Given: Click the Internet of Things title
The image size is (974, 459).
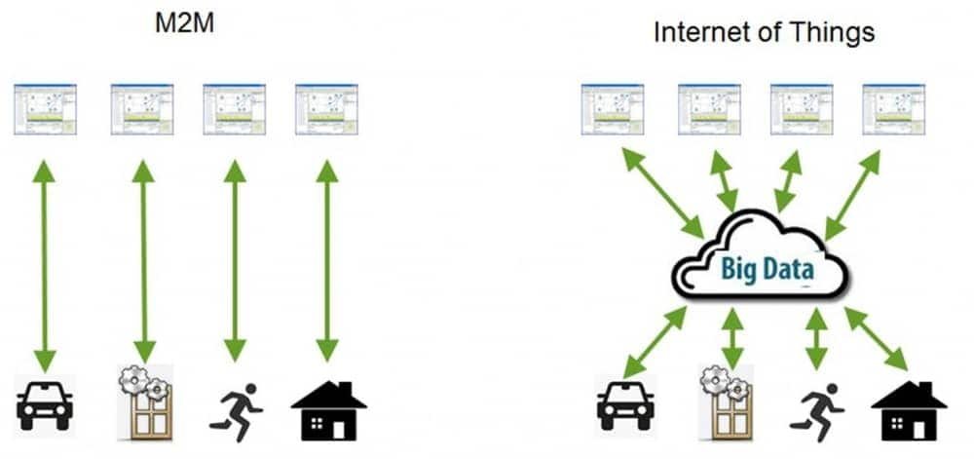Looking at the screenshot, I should pyautogui.click(x=764, y=32).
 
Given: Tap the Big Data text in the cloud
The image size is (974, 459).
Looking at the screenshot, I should pyautogui.click(x=768, y=268).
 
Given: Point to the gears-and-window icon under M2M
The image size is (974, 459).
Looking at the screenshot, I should pyautogui.click(x=144, y=402).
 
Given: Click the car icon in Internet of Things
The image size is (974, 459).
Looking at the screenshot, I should pyautogui.click(x=625, y=404).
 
